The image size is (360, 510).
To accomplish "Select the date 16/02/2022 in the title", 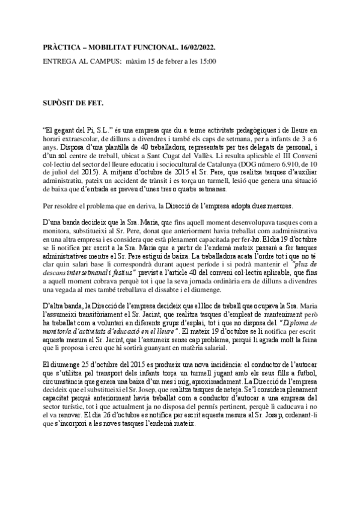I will (x=196, y=46).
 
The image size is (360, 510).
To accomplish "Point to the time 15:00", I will (x=207, y=61).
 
